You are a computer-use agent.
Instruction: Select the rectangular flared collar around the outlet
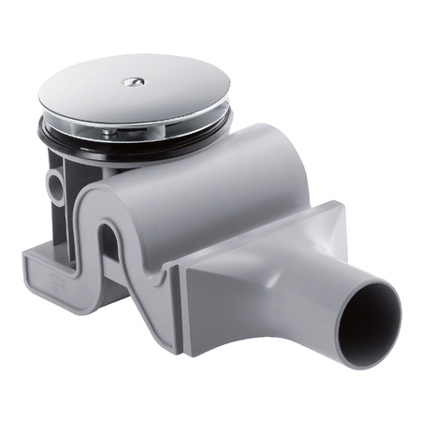281,271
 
